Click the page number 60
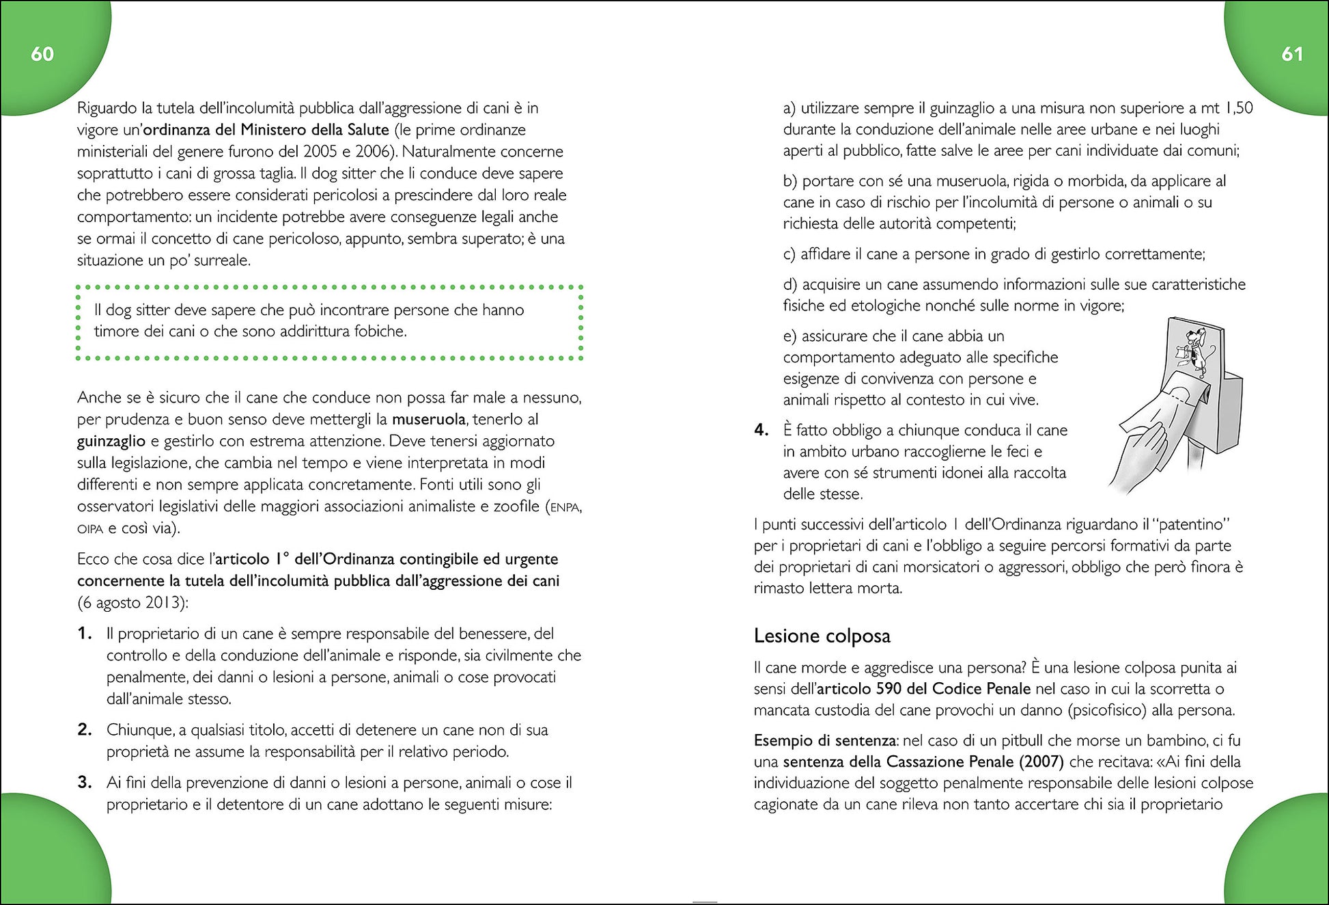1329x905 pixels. pyautogui.click(x=42, y=54)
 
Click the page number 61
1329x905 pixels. pyautogui.click(x=1291, y=54)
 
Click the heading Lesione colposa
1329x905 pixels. pyautogui.click(x=822, y=636)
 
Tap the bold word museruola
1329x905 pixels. pyautogui.click(x=428, y=419)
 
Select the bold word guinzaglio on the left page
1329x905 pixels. pyautogui.click(x=111, y=441)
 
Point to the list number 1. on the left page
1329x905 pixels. pyautogui.click(x=85, y=634)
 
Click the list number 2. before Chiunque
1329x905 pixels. pyautogui.click(x=85, y=730)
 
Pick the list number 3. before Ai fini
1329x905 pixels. pyautogui.click(x=85, y=783)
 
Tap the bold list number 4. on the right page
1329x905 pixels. pyautogui.click(x=761, y=430)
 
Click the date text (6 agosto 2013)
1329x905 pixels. pyautogui.click(x=132, y=603)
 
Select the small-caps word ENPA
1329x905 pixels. pyautogui.click(x=565, y=507)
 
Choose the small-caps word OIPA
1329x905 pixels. pyautogui.click(x=90, y=529)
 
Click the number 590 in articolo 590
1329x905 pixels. pyautogui.click(x=889, y=689)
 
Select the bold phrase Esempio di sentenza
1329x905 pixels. pyautogui.click(x=824, y=740)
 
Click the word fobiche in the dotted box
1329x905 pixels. pyautogui.click(x=380, y=332)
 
